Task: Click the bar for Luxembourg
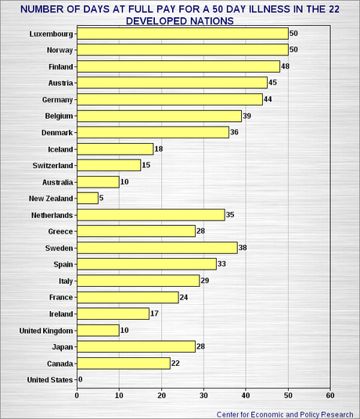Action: click(182, 34)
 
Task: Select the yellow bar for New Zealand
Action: click(88, 198)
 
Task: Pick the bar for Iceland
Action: click(115, 149)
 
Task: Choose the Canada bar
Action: click(124, 363)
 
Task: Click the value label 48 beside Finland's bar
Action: click(286, 66)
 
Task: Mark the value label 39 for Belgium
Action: click(248, 116)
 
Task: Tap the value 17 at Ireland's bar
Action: click(155, 313)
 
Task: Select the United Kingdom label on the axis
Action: click(46, 331)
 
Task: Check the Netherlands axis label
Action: click(51, 214)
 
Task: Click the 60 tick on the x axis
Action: click(330, 396)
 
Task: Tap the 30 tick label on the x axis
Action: click(203, 396)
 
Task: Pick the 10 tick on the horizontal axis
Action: click(119, 396)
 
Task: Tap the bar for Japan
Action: click(136, 346)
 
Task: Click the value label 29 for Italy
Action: click(206, 281)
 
